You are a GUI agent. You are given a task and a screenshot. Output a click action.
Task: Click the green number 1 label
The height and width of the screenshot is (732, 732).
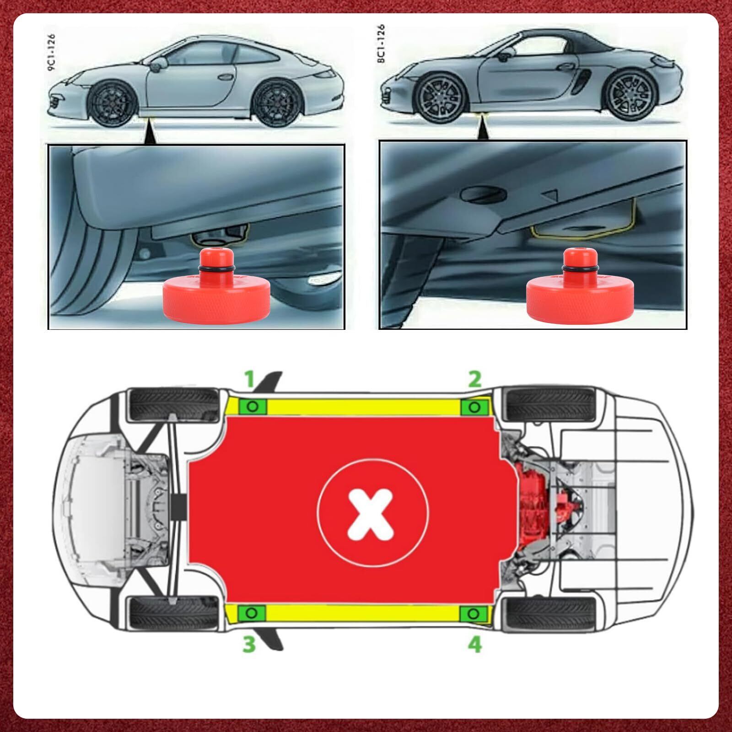(249, 379)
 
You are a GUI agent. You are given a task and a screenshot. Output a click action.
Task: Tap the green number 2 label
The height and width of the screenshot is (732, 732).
(474, 379)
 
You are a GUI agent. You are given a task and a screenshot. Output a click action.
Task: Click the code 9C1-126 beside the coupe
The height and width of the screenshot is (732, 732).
(51, 51)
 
